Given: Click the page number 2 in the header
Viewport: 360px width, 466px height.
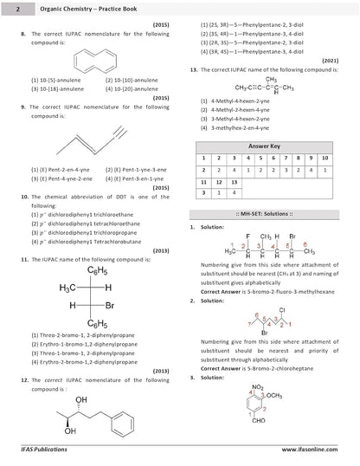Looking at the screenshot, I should tap(6, 6).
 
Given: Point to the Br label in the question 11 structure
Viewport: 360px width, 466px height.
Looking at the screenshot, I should tap(110, 306).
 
